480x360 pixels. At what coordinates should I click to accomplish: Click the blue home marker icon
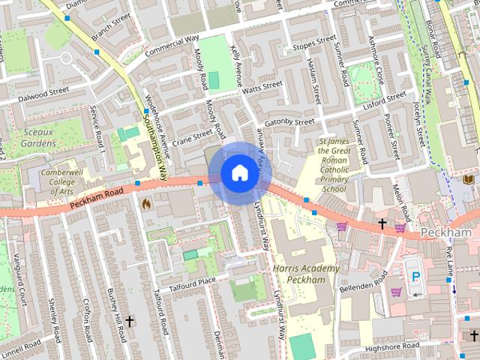(x=238, y=173)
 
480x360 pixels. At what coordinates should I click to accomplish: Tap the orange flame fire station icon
(x=146, y=202)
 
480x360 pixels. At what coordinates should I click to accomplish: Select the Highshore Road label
(x=393, y=346)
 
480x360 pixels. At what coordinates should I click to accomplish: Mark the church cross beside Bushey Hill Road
(x=129, y=322)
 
